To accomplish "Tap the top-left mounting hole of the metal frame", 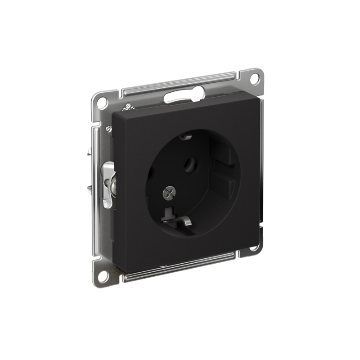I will pos(102,102).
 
